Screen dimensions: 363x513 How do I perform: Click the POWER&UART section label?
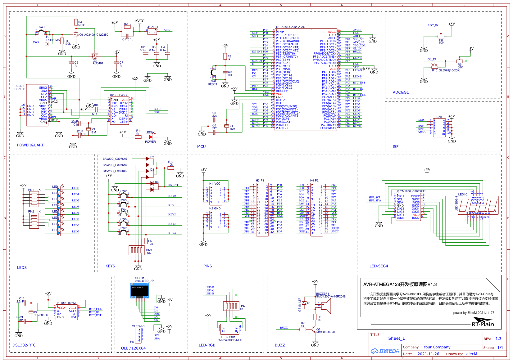tap(30, 145)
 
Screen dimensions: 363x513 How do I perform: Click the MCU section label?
tap(201, 147)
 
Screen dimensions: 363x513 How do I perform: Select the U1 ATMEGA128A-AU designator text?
tap(290, 27)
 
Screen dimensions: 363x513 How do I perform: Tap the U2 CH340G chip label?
tap(118, 95)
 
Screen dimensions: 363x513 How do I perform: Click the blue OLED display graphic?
tap(139, 290)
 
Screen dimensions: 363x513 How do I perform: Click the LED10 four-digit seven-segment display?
tap(478, 205)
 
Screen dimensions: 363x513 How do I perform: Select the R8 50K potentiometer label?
tap(441, 41)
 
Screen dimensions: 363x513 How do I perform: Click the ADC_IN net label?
tap(433, 25)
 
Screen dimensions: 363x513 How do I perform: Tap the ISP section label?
tap(395, 147)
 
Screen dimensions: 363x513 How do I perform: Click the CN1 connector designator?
tap(439, 117)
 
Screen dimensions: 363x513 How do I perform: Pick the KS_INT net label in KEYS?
tap(173, 185)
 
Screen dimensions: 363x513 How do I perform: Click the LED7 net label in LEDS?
tap(75, 231)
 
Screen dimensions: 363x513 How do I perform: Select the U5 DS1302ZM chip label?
tap(66, 303)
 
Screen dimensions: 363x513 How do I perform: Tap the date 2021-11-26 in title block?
tap(428, 354)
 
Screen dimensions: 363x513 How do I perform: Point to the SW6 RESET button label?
tap(212, 83)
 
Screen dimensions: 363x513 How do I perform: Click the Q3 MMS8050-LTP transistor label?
tap(326, 331)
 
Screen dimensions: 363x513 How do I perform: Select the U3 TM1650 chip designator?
tap(410, 191)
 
